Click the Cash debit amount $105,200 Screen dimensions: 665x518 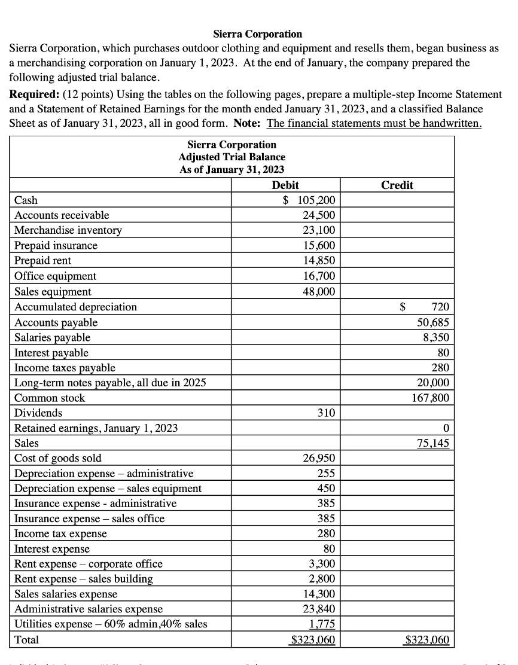click(309, 200)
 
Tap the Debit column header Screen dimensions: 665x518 click(285, 185)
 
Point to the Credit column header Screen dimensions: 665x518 click(397, 185)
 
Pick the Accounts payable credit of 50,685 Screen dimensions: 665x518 click(433, 322)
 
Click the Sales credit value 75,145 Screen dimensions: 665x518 click(433, 443)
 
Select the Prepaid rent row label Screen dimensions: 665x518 click(42, 261)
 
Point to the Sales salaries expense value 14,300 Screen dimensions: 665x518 click(322, 594)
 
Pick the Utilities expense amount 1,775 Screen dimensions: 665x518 click(324, 624)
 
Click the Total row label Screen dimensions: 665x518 click(26, 640)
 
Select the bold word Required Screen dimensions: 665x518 click(34, 94)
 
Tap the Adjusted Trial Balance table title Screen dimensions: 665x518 click(232, 157)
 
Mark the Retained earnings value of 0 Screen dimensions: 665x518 click(446, 428)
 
